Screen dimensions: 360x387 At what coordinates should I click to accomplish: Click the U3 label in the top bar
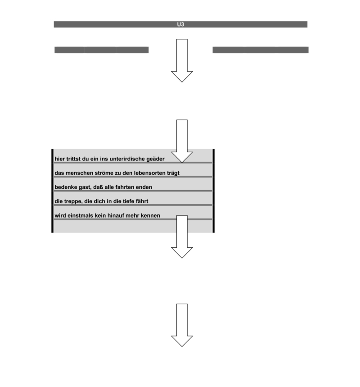180,24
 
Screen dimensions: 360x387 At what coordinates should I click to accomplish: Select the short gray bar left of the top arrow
102,50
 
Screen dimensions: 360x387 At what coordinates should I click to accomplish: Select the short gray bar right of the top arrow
261,50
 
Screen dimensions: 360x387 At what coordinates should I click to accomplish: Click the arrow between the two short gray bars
182,60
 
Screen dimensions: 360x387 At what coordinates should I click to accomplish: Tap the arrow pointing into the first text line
182,141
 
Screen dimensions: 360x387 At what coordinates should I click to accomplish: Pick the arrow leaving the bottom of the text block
182,237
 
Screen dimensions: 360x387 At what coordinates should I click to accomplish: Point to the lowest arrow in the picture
182,325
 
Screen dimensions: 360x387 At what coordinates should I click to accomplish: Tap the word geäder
155,159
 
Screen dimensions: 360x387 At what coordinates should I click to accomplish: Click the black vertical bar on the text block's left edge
53,191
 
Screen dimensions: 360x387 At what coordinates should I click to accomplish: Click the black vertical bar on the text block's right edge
213,191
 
